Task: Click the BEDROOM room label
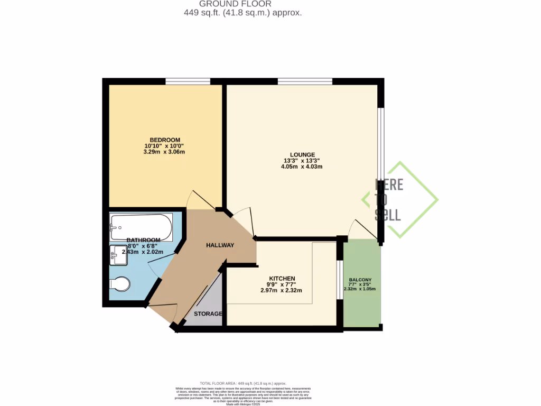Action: [x=165, y=140]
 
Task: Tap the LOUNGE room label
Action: [x=302, y=154]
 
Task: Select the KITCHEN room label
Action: [x=282, y=279]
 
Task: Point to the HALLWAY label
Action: [x=220, y=245]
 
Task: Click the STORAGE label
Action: [x=208, y=314]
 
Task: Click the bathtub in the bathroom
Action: [x=141, y=227]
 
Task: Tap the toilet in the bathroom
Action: [x=120, y=285]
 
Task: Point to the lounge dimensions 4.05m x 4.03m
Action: [x=302, y=167]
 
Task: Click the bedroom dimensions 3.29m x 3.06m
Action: [x=164, y=152]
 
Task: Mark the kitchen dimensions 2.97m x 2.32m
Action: [x=281, y=290]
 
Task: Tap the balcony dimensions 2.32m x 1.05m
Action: [x=359, y=289]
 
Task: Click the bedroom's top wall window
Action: [x=188, y=81]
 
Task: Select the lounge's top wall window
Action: [x=305, y=81]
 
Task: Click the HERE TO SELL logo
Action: [x=399, y=199]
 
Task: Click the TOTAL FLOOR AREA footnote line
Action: [x=242, y=383]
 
